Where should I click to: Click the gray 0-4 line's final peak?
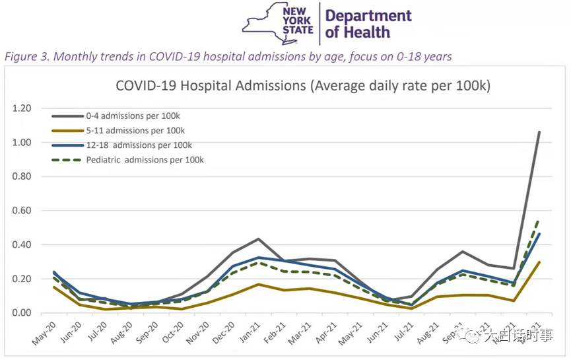coord(539,132)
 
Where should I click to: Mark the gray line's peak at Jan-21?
coord(258,239)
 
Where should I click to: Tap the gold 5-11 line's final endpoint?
coord(539,262)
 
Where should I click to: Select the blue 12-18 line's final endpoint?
coord(539,234)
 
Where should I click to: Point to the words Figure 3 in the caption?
coord(26,57)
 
